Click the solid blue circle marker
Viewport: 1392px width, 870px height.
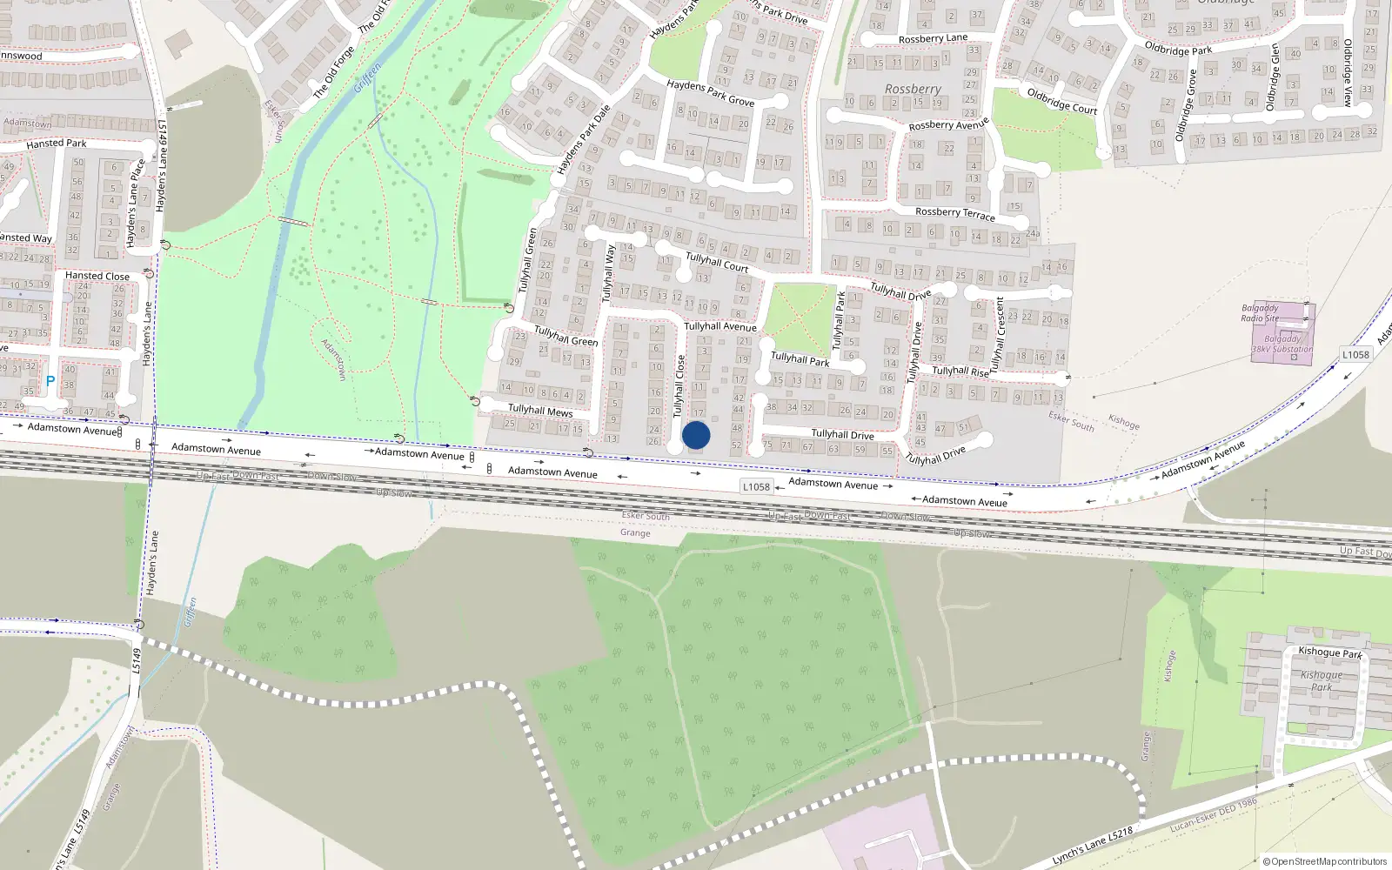coord(696,435)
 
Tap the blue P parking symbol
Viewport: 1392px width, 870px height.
coord(50,381)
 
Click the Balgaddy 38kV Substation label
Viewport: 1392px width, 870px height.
coord(1282,345)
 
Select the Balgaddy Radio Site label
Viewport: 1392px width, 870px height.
coord(1260,313)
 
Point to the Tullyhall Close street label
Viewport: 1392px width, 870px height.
coord(679,386)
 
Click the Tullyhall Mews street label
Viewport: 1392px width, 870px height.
coord(540,410)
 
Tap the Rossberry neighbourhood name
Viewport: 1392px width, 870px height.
coord(913,89)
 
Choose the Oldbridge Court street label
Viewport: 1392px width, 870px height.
coord(1061,100)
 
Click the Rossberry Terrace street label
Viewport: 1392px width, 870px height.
coord(954,213)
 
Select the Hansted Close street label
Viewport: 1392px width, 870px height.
coord(97,276)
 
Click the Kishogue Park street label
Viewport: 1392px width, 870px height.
coord(1329,652)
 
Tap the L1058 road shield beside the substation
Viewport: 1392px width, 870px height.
coord(1355,354)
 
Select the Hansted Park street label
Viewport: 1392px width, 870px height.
coord(57,144)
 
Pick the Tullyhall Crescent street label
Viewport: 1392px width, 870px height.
coord(998,333)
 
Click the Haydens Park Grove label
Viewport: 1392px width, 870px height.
coord(710,93)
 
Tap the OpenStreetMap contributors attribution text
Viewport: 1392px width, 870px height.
coord(1325,861)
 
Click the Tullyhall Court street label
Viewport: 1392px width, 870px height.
coord(717,262)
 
